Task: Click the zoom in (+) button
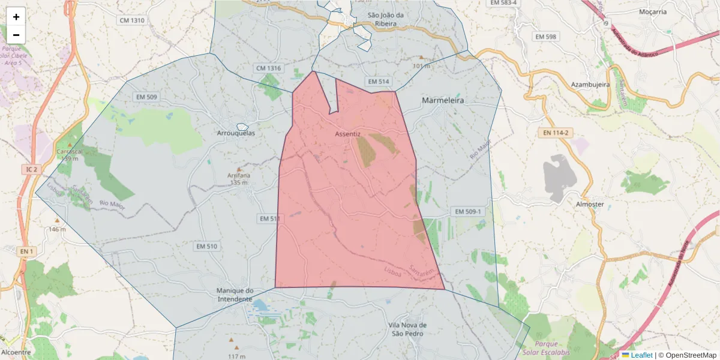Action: pos(16,17)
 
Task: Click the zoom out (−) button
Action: pos(16,35)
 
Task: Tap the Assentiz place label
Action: pos(348,134)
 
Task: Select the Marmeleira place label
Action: pos(443,101)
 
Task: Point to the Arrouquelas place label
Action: pos(236,133)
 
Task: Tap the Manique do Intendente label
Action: pos(235,295)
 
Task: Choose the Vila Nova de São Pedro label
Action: pos(408,329)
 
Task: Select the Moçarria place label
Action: pos(653,11)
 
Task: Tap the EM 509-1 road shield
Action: pos(468,212)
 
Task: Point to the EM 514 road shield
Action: pos(379,81)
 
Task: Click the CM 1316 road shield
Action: pos(268,68)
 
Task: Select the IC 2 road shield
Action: pos(31,170)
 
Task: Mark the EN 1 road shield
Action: pos(25,251)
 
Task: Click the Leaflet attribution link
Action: pos(641,355)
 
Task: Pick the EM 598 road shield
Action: pos(546,37)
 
